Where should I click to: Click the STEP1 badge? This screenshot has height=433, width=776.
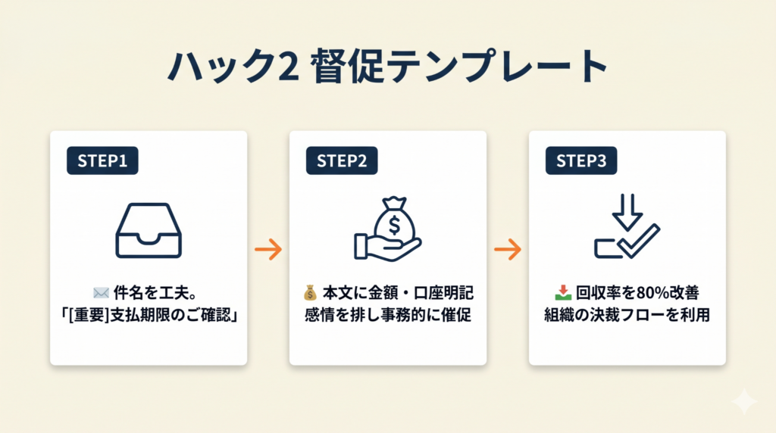tap(102, 160)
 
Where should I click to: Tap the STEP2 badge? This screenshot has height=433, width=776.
tap(341, 160)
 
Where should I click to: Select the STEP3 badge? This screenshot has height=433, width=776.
tap(580, 160)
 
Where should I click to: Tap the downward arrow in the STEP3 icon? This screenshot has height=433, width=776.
tap(627, 212)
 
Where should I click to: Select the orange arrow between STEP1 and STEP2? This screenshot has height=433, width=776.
tap(268, 250)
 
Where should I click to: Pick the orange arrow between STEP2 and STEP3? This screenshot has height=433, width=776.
tap(508, 250)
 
